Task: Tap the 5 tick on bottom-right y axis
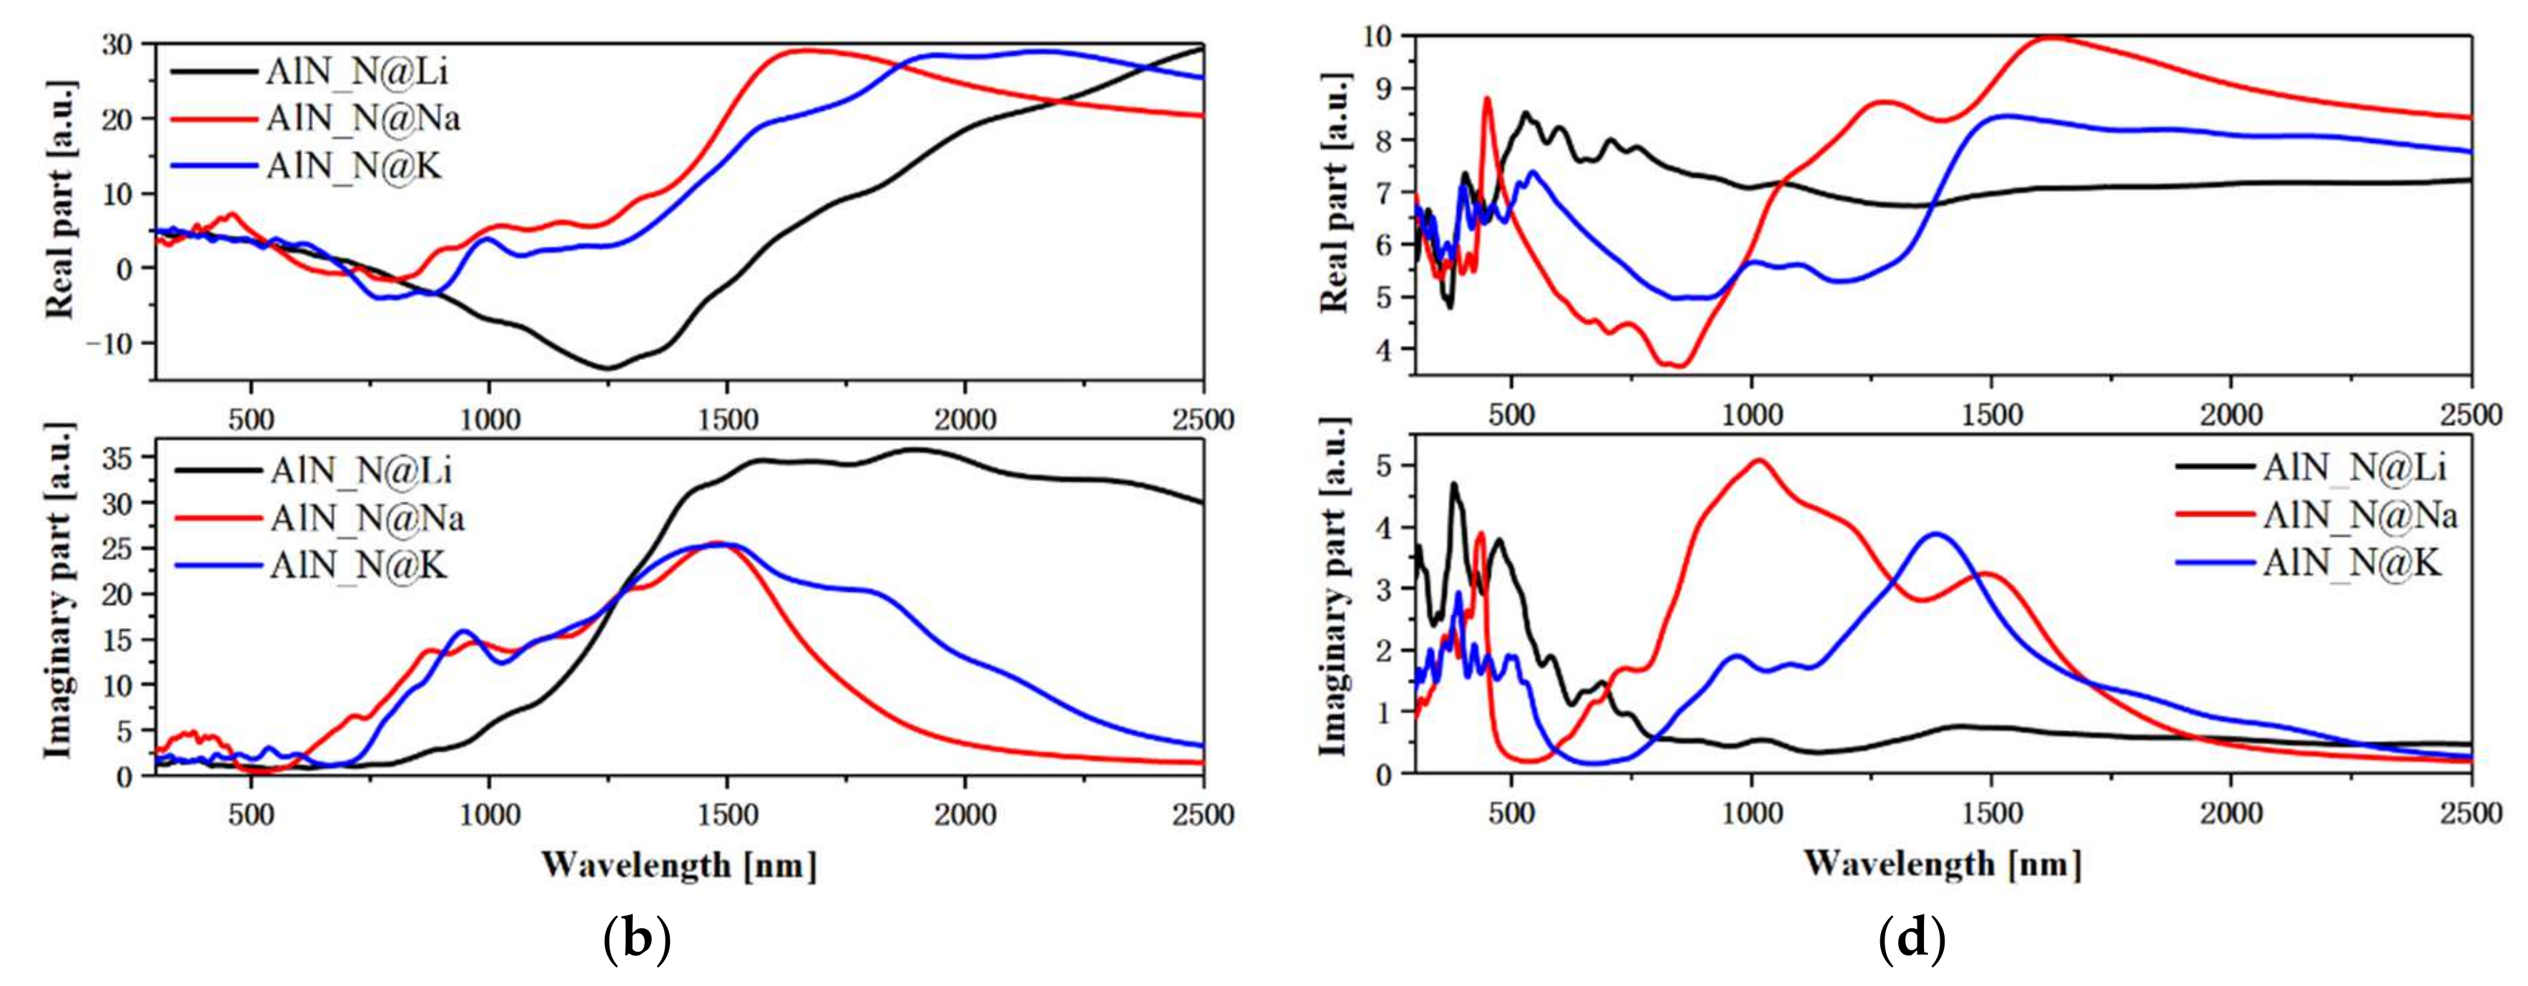click(x=1386, y=465)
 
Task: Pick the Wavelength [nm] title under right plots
click(x=1942, y=863)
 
